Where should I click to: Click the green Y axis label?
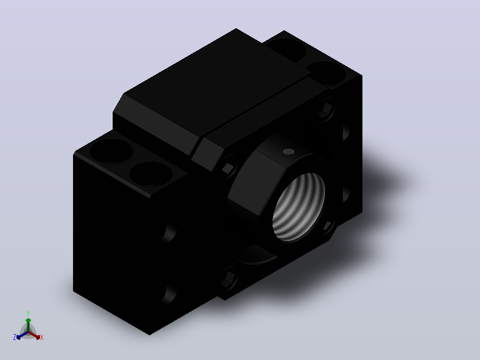point(28,313)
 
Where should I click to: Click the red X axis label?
point(42,337)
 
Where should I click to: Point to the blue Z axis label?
point(15,337)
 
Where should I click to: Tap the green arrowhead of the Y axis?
point(28,320)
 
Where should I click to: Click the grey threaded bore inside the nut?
point(298,207)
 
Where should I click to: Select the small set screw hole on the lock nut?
point(289,151)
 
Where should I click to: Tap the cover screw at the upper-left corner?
point(229,167)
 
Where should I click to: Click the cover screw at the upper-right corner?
point(326,109)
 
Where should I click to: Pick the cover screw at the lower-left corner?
point(229,278)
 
